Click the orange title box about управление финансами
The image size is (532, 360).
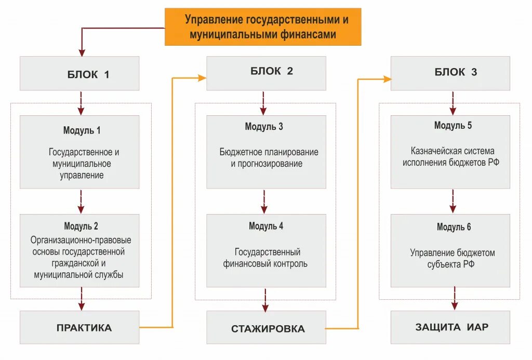click(263, 27)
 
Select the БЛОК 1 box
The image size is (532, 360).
click(79, 74)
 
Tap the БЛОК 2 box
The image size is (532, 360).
click(266, 72)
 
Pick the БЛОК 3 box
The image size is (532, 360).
click(450, 73)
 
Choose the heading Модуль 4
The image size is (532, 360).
click(266, 226)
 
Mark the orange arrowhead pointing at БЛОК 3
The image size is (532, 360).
click(387, 79)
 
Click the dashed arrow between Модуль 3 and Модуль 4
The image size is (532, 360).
click(264, 202)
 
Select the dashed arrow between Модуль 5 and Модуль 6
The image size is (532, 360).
click(453, 201)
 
